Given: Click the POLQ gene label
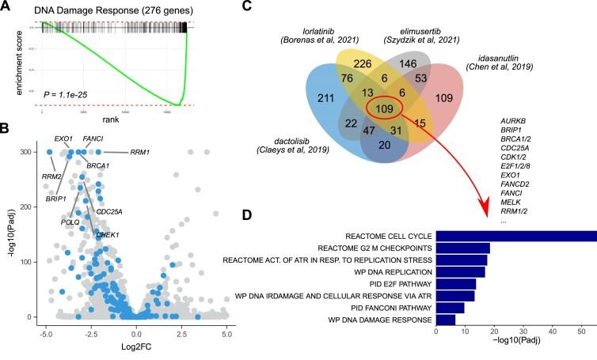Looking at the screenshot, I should [x=70, y=222].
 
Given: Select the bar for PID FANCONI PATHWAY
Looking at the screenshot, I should [x=451, y=307].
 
